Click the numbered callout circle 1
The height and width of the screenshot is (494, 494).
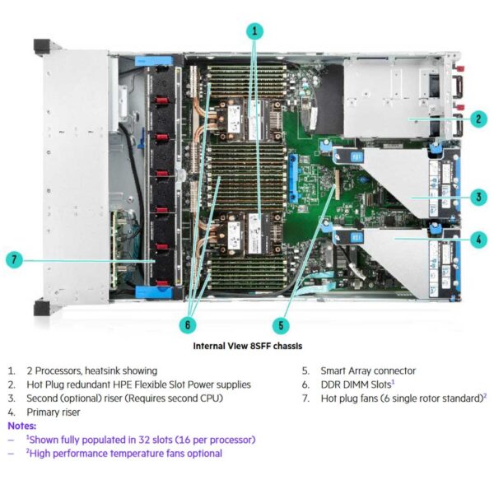tap(255, 31)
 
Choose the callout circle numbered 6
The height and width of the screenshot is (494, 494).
tap(189, 324)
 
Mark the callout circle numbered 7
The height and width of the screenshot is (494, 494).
tap(14, 260)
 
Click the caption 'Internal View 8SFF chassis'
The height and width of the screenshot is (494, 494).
tap(247, 347)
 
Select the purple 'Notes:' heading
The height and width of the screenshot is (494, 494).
tap(23, 426)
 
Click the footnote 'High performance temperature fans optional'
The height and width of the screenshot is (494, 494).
tap(123, 453)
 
